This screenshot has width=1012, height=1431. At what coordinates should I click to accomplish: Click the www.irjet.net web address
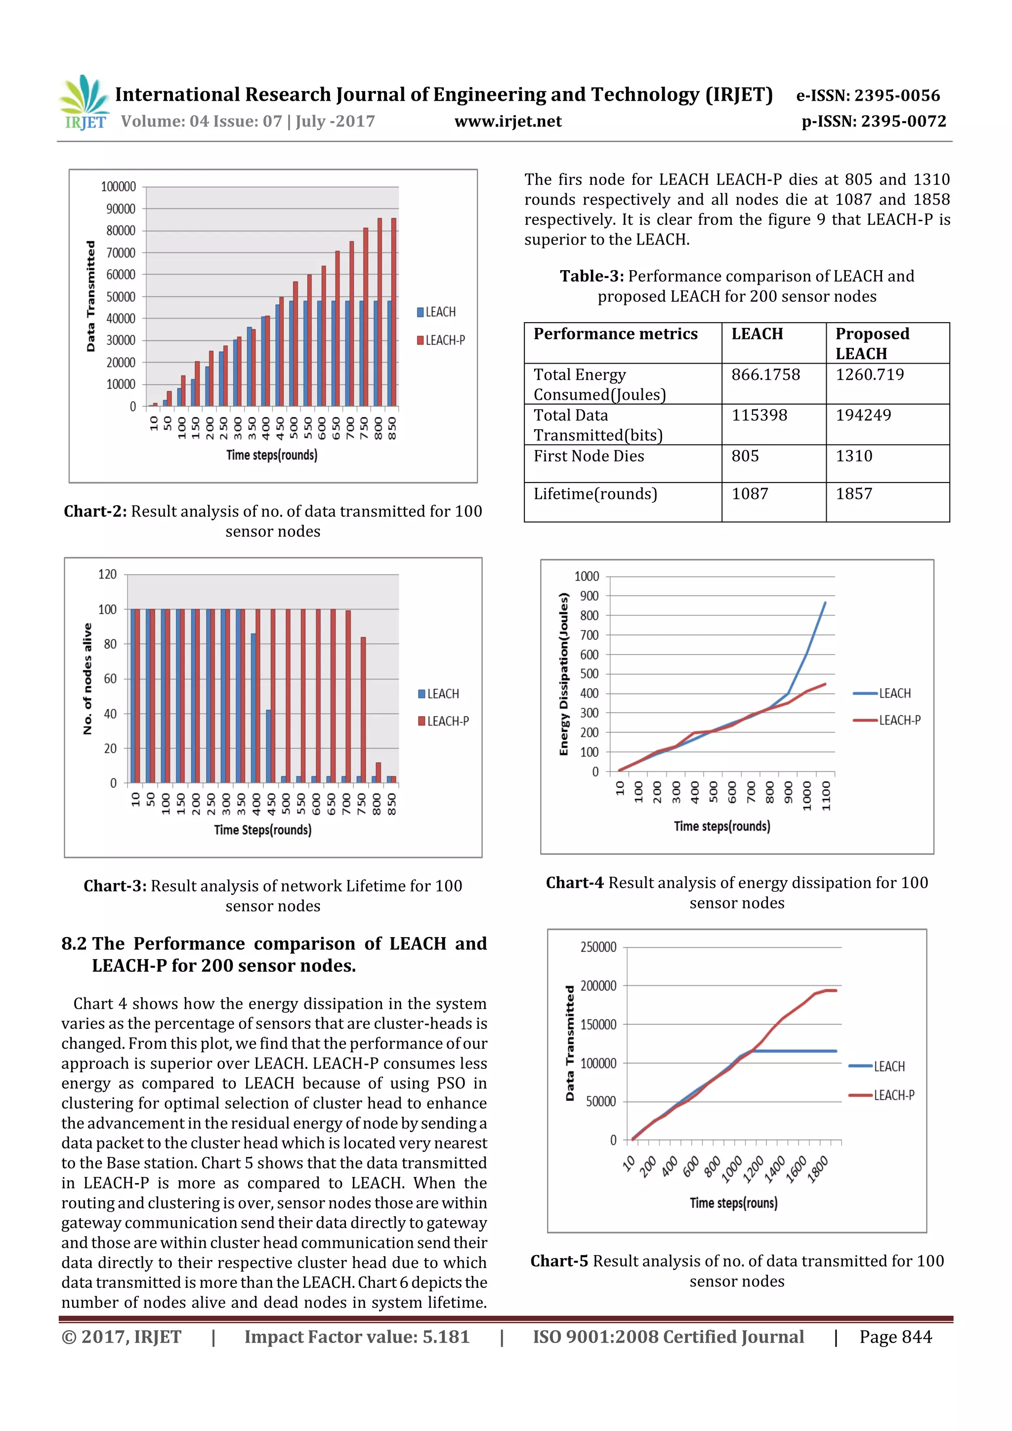[x=507, y=121]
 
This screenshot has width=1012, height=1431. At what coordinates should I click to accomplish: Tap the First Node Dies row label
[x=589, y=456]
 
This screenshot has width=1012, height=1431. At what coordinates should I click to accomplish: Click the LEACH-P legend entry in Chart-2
[x=441, y=340]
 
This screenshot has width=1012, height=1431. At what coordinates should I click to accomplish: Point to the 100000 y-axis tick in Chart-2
[x=119, y=186]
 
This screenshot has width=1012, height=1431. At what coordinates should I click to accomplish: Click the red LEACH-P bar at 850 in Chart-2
[x=393, y=312]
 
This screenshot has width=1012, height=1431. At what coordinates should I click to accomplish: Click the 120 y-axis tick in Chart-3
[x=107, y=574]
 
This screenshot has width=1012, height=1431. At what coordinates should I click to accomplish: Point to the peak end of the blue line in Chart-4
[x=825, y=603]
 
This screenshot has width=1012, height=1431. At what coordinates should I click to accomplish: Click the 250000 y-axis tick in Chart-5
[x=598, y=947]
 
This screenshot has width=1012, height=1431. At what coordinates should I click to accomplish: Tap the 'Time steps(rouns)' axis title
[x=733, y=1203]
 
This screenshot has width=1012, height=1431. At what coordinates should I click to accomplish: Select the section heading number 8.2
[x=74, y=943]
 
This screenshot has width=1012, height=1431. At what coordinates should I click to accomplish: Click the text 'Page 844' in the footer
[x=895, y=1337]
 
